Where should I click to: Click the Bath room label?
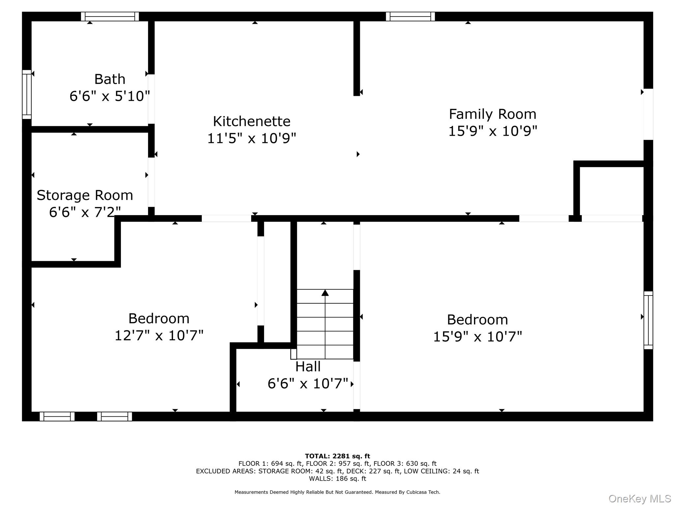[110, 79]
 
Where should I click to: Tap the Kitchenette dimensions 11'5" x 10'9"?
[251, 138]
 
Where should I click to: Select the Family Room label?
[492, 114]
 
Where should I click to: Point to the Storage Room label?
[85, 195]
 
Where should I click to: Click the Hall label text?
[308, 367]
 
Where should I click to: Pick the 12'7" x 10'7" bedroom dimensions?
[159, 336]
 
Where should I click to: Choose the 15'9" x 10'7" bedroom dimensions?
[477, 337]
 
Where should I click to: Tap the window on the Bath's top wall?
[110, 16]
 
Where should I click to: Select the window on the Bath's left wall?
[27, 95]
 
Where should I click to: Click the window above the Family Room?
[410, 16]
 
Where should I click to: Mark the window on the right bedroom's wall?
[648, 320]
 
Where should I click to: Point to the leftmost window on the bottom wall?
[57, 416]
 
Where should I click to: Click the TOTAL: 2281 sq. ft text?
[337, 456]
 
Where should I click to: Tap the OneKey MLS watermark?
[639, 499]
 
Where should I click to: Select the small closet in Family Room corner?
[611, 190]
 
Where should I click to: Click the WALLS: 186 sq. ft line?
[337, 479]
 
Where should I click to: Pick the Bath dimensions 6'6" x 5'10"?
[110, 96]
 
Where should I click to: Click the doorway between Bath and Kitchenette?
[151, 99]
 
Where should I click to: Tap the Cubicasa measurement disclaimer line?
[337, 492]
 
